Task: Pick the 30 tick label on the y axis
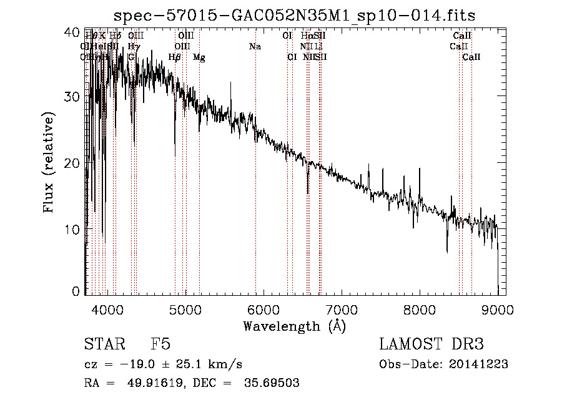pyautogui.click(x=73, y=97)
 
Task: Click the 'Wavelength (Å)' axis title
pyautogui.click(x=294, y=326)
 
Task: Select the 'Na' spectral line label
pyautogui.click(x=255, y=47)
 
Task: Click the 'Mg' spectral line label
pyautogui.click(x=199, y=57)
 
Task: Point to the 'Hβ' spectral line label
pyautogui.click(x=175, y=57)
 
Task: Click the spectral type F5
pyautogui.click(x=160, y=344)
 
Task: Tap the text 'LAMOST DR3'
pyautogui.click(x=431, y=344)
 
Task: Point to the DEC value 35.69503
pyautogui.click(x=271, y=383)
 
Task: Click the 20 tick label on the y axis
pyautogui.click(x=73, y=163)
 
